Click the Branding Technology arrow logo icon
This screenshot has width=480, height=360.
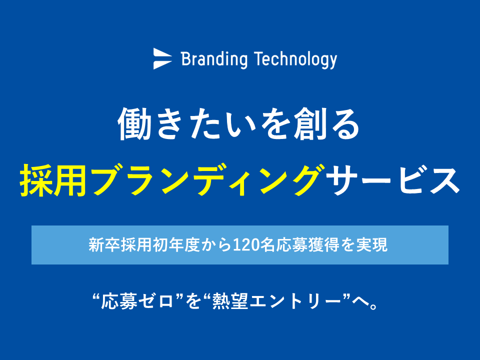pyautogui.click(x=162, y=58)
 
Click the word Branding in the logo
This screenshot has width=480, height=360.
pyautogui.click(x=214, y=59)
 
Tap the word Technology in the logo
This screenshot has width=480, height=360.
pyautogui.click(x=295, y=60)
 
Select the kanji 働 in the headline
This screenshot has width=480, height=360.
pyautogui.click(x=134, y=124)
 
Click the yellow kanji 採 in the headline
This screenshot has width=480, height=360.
pyautogui.click(x=36, y=180)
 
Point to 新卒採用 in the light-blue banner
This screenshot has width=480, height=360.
pyautogui.click(x=120, y=245)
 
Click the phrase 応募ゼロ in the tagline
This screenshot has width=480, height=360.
pyautogui.click(x=137, y=301)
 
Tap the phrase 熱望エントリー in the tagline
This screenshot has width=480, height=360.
pyautogui.click(x=276, y=301)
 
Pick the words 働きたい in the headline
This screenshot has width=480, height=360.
pyautogui.click(x=186, y=124)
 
